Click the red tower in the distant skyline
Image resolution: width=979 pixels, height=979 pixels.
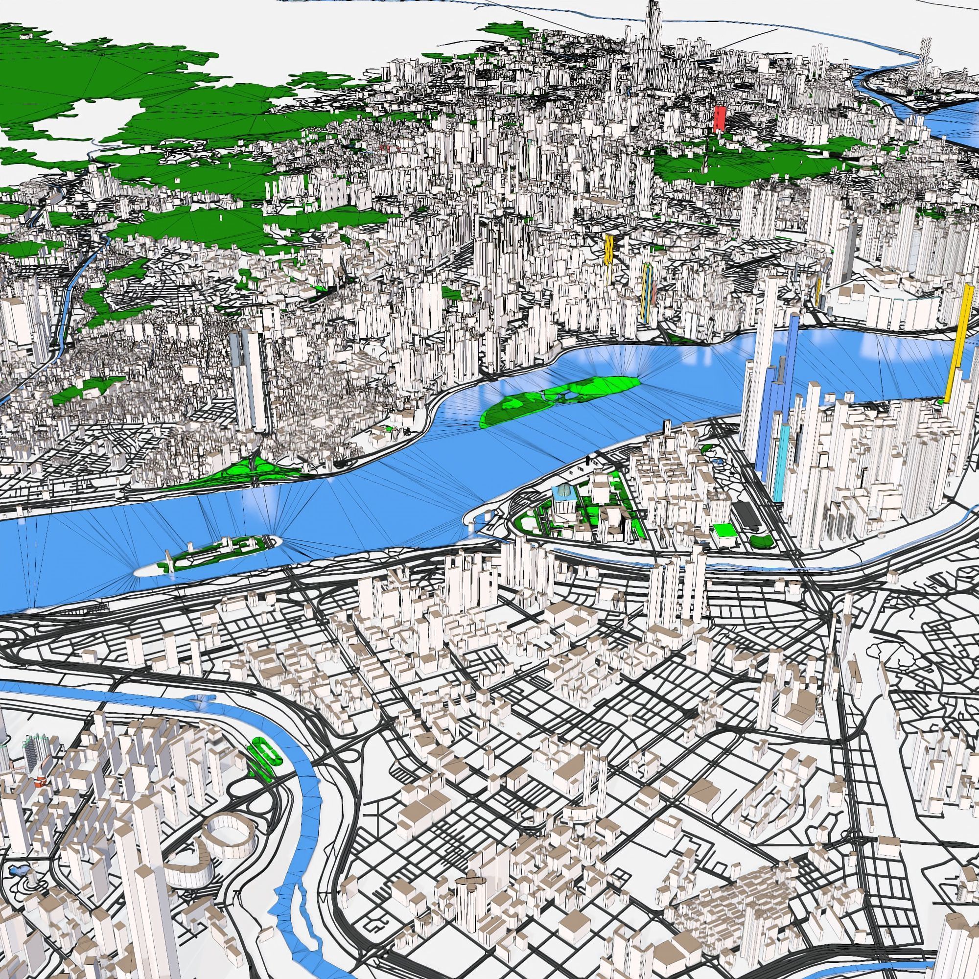[x=719, y=119]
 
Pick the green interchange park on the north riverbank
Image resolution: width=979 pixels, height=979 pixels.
[x=254, y=469]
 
